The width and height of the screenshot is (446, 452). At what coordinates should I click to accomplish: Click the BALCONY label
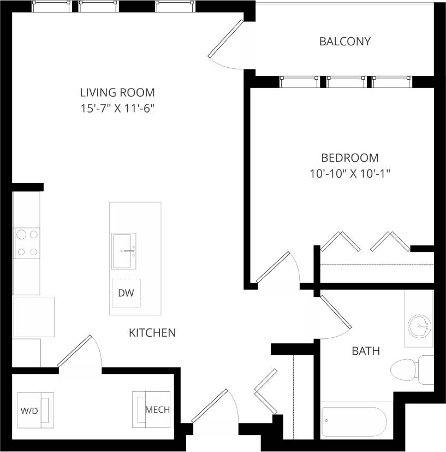pos(344,42)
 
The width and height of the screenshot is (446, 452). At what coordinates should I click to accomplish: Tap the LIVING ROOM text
pos(117,92)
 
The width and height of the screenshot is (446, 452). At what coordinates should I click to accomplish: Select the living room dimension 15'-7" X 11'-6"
pos(117,108)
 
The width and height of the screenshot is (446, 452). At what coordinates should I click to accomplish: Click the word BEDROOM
pos(349,158)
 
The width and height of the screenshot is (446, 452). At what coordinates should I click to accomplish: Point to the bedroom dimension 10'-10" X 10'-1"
pos(349,174)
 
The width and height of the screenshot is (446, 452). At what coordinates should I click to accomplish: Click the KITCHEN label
pos(152,332)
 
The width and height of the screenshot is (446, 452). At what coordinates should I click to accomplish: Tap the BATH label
pos(365,351)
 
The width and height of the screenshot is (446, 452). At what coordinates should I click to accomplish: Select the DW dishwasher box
pos(126,293)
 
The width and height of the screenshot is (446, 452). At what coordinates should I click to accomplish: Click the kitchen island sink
pos(124,251)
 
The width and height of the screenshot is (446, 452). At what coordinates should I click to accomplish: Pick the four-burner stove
pos(27,243)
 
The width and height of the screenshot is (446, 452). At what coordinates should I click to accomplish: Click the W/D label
pos(29,410)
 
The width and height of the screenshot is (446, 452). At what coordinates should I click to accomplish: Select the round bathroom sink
pos(420,326)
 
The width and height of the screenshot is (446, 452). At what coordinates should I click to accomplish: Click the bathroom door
pos(334,314)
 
